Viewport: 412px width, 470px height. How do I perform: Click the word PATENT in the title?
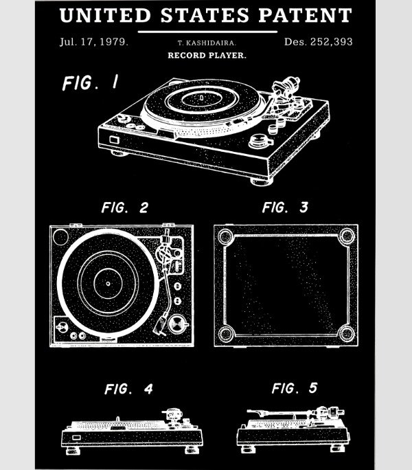(305, 15)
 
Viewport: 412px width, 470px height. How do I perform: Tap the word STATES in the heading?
(205, 15)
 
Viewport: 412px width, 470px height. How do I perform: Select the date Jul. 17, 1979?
(94, 42)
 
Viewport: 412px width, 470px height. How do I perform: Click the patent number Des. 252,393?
(318, 42)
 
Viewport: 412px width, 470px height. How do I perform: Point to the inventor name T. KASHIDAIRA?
(207, 43)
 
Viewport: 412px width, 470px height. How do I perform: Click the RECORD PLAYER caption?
(207, 56)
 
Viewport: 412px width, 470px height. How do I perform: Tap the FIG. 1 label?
(91, 82)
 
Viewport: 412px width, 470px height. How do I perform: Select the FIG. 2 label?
(125, 208)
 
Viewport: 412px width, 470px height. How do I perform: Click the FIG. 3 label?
(285, 207)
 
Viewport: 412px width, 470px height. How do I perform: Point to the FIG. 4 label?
(128, 389)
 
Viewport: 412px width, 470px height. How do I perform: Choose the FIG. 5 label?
(295, 388)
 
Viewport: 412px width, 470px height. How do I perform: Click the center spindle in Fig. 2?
(108, 284)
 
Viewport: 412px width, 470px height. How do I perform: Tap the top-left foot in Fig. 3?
(226, 237)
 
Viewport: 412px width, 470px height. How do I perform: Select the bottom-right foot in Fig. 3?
(346, 333)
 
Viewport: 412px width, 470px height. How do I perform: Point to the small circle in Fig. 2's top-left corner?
(60, 237)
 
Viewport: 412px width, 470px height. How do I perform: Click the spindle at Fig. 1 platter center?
(202, 98)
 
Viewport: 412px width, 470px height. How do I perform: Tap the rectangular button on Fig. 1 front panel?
(114, 139)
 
